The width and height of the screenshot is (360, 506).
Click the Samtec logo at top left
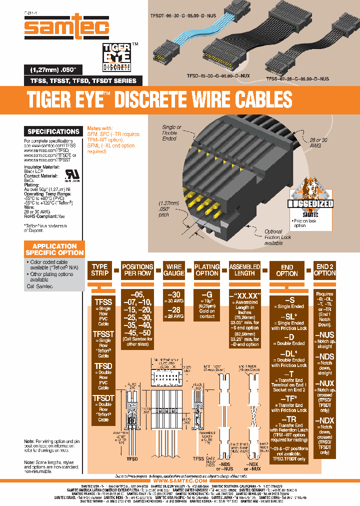point(67,26)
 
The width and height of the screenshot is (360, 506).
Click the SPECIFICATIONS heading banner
point(53,131)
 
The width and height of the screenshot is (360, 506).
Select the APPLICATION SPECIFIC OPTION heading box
point(54,249)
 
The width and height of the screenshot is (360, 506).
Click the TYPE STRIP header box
point(99,270)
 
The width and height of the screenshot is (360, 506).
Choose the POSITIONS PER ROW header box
point(137,270)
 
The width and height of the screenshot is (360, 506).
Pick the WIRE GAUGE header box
point(174,270)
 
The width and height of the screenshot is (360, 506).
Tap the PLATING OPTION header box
point(207,270)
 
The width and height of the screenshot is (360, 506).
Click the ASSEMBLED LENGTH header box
point(244,270)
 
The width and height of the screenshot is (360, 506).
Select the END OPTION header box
point(287,270)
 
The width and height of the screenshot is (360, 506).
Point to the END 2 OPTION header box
point(325,270)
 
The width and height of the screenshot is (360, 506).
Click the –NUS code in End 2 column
point(325,334)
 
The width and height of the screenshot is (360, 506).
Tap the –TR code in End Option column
point(289,418)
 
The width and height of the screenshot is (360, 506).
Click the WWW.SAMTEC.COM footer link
point(180,479)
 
